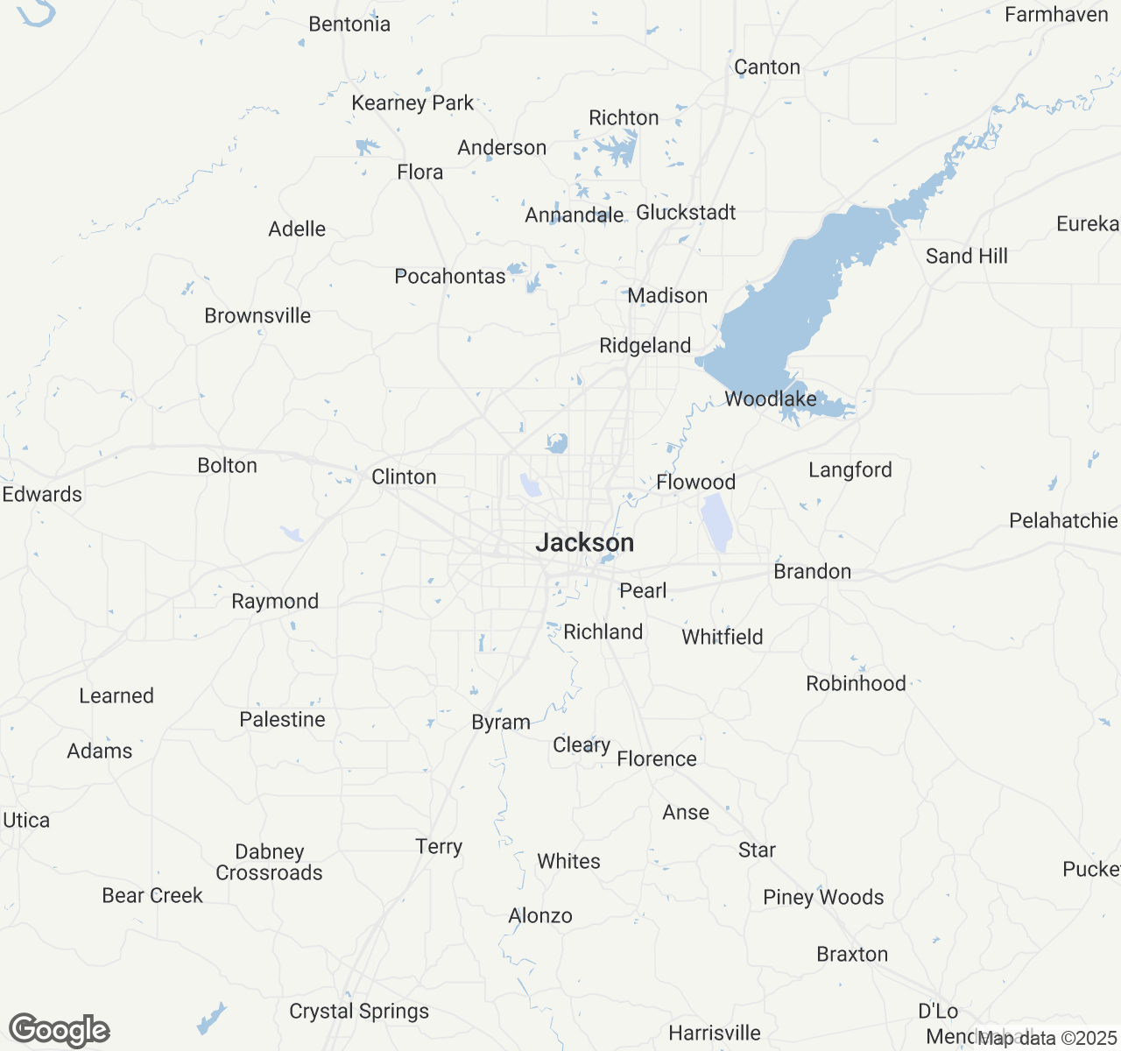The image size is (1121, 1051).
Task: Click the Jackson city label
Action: [584, 543]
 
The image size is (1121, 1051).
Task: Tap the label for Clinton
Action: [404, 477]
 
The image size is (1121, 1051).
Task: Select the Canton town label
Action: [767, 67]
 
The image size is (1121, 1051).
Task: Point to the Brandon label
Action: [812, 572]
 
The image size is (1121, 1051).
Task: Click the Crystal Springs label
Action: [359, 1012]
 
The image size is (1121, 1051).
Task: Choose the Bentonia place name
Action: [349, 25]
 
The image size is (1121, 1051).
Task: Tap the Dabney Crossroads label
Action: [269, 863]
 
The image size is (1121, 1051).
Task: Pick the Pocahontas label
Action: [450, 277]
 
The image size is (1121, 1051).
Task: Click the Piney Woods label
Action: [823, 898]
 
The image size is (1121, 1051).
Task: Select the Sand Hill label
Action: [966, 257]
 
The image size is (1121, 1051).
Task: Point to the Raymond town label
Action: [275, 602]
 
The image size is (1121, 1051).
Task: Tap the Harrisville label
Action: [715, 1033]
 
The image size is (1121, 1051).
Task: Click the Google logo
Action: [60, 1031]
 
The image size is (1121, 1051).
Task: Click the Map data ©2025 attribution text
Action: [1047, 1039]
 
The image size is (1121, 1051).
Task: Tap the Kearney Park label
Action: [412, 103]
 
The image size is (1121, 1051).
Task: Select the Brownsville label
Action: [257, 316]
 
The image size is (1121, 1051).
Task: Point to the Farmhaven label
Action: [1056, 15]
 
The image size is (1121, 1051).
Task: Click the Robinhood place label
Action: [856, 684]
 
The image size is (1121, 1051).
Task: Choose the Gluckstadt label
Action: [686, 213]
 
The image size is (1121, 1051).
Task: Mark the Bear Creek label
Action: [152, 896]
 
